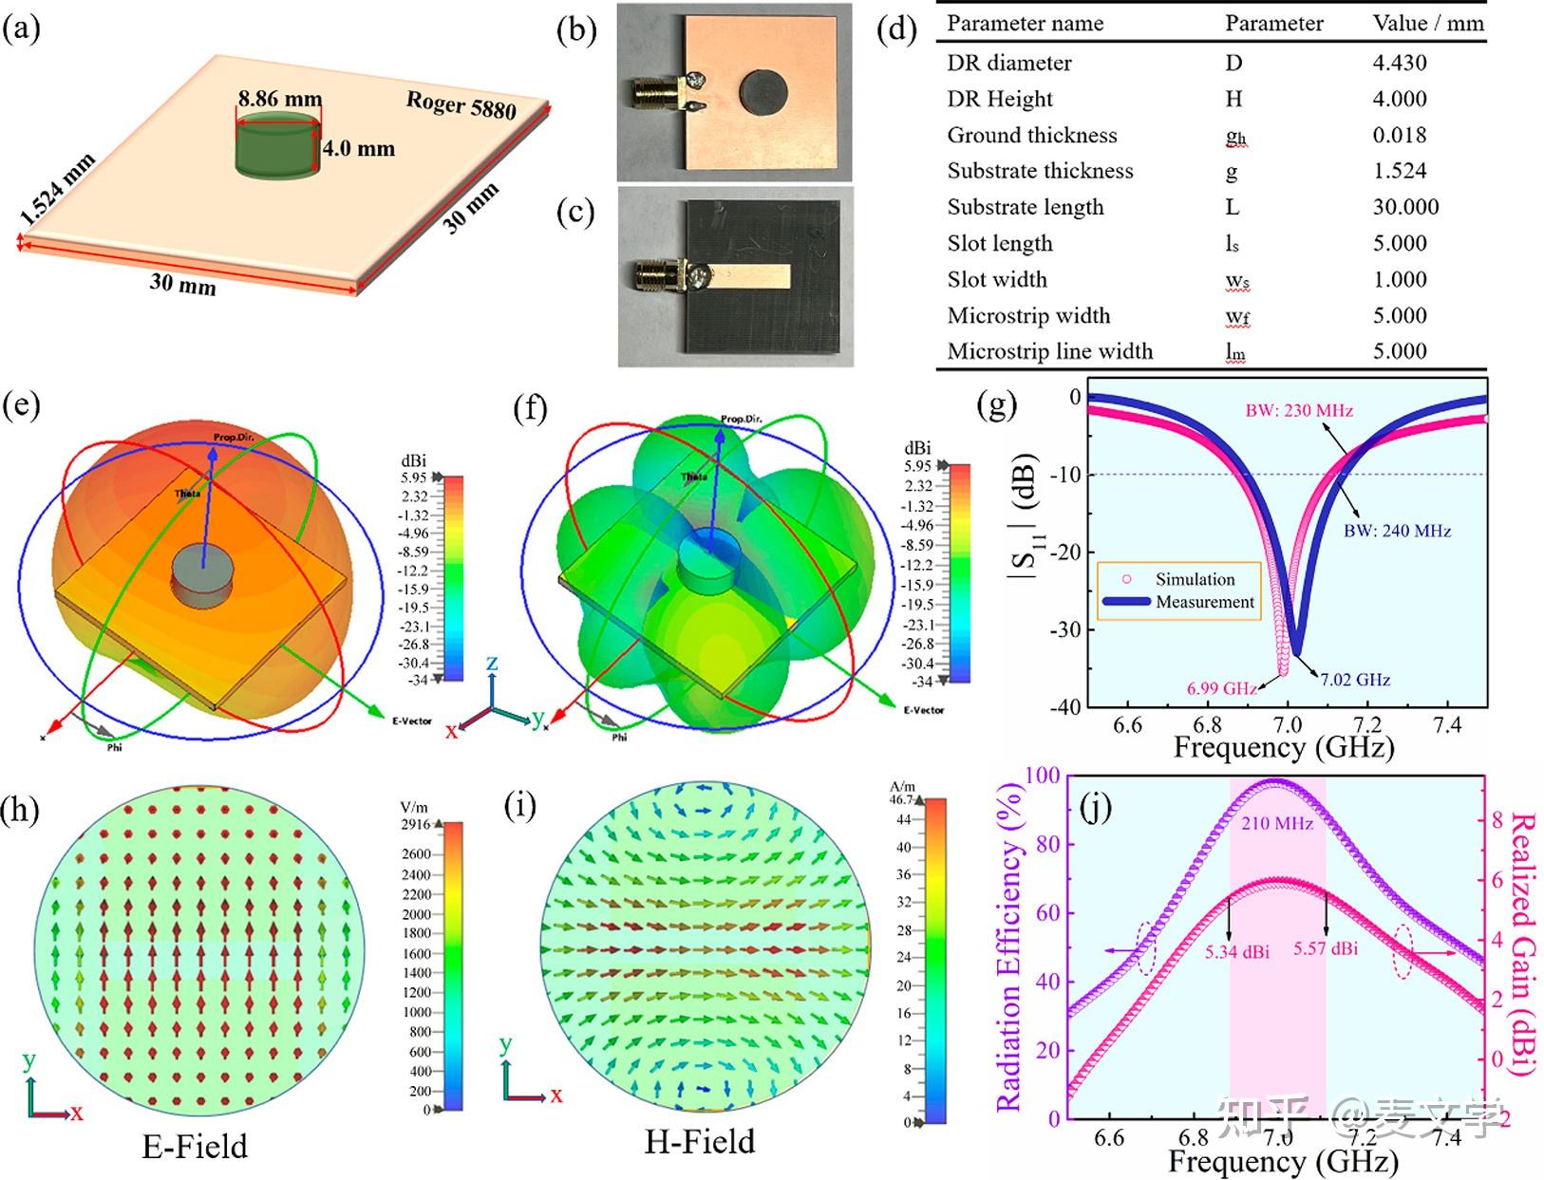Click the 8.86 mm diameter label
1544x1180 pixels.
coord(279,99)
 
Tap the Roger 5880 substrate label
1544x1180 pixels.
coord(461,104)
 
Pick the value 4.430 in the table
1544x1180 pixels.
coord(1399,63)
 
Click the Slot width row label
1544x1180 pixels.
coord(996,279)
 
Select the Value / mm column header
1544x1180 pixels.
coord(1427,23)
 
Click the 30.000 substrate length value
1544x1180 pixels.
coord(1405,207)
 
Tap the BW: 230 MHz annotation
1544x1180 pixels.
coord(1298,410)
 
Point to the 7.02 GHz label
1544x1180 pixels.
coord(1355,680)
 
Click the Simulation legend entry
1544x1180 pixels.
coord(1195,579)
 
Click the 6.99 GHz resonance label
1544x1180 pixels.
coord(1221,688)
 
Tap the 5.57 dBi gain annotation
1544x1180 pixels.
coord(1325,948)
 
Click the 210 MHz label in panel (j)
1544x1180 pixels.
coord(1276,823)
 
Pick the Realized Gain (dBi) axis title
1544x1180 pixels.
coord(1519,944)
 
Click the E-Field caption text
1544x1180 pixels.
coord(195,1146)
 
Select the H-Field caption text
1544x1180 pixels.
coord(700,1141)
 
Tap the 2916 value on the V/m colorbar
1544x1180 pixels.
coord(415,824)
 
